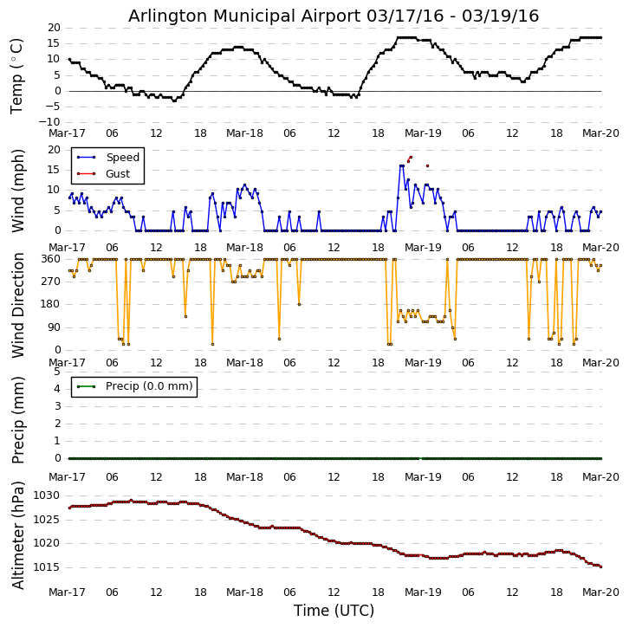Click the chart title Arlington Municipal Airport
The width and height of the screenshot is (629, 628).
334,16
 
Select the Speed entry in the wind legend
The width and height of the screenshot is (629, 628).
122,158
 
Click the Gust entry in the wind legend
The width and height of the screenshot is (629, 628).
118,174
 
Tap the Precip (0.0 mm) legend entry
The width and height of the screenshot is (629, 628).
149,386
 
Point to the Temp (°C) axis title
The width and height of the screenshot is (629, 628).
16,75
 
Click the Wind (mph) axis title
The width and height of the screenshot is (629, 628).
16,190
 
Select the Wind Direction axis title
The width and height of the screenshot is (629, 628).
16,304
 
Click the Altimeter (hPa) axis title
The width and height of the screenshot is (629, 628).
16,535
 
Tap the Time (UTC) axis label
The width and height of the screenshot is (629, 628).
334,611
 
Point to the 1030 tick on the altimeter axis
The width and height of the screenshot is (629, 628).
46,495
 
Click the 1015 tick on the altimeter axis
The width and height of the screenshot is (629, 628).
46,567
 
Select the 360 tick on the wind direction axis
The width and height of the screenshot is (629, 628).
50,259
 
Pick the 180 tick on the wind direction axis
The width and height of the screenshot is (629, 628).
50,304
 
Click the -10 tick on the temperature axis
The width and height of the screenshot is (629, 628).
49,122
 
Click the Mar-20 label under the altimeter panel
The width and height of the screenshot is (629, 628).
601,592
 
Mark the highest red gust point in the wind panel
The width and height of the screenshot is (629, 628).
411,158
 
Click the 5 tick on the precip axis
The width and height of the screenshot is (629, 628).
57,372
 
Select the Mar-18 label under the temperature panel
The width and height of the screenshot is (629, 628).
245,133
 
